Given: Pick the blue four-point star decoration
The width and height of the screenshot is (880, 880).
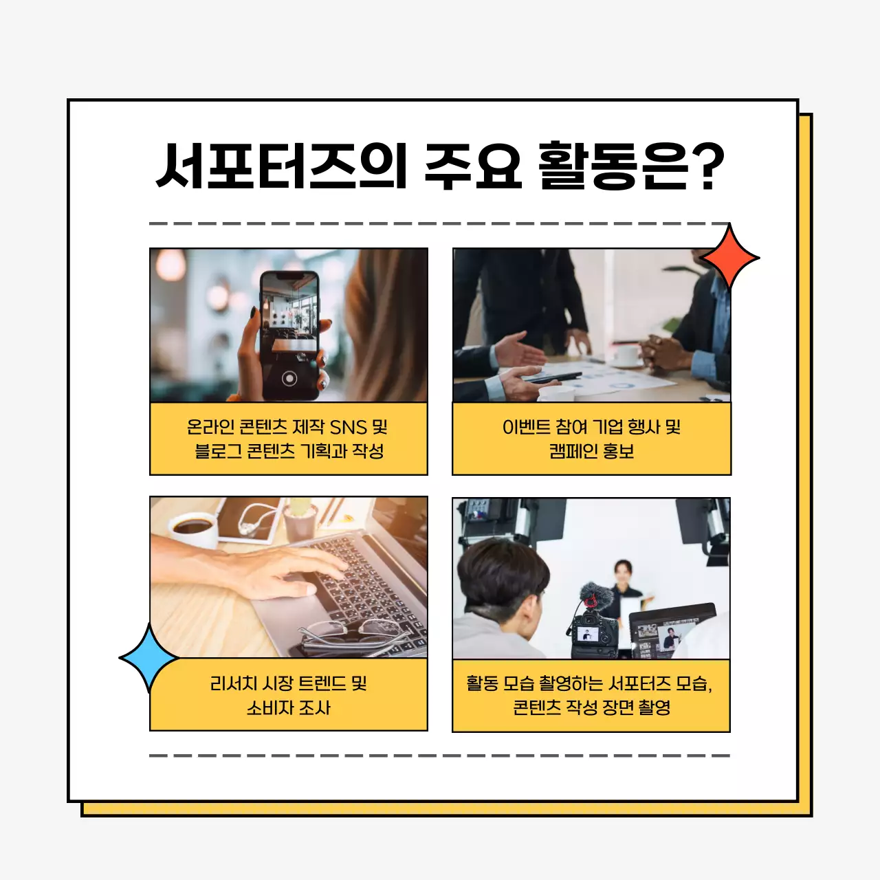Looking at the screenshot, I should [x=148, y=658].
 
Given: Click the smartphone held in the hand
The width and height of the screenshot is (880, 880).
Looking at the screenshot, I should [x=289, y=335].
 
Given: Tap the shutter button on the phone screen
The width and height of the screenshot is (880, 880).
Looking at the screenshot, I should [x=289, y=378].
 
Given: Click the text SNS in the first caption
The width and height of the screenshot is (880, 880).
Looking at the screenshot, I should [x=348, y=428].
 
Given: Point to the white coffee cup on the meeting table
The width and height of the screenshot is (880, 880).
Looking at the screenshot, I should [x=626, y=355].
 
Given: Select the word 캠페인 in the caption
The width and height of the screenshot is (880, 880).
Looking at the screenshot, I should [x=572, y=452].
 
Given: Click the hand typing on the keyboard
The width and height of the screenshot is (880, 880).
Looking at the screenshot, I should [x=289, y=571].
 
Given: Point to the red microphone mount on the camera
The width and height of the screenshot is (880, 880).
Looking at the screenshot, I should [x=590, y=602].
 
